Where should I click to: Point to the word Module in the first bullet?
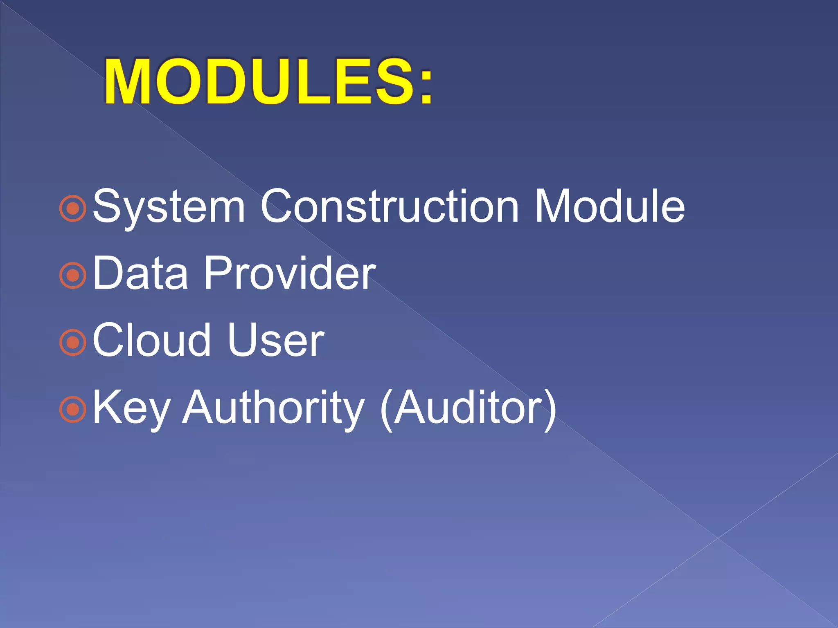click(x=610, y=206)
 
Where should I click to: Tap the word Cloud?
click(x=151, y=340)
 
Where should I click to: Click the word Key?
click(x=131, y=408)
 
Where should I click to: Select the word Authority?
click(x=273, y=407)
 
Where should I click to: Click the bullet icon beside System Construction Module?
click(x=73, y=209)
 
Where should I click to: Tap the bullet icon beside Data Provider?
click(x=73, y=276)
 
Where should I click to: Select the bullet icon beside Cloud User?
click(x=73, y=342)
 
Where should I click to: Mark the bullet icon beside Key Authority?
click(x=73, y=409)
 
